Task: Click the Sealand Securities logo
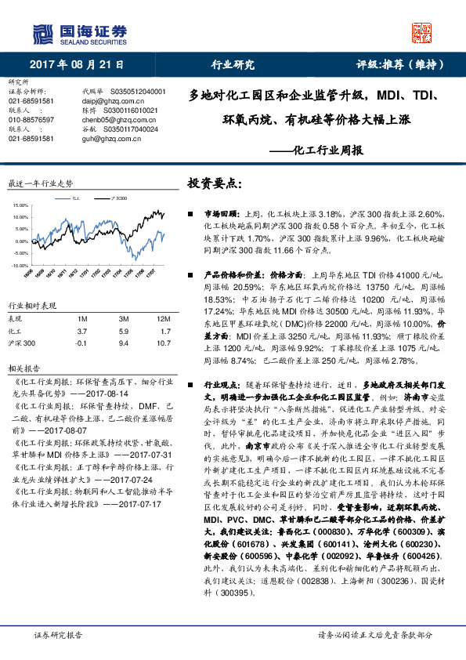(78, 32)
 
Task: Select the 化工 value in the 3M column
(123, 332)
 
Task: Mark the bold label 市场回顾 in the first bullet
(219, 213)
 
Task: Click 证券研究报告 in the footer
(58, 635)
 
